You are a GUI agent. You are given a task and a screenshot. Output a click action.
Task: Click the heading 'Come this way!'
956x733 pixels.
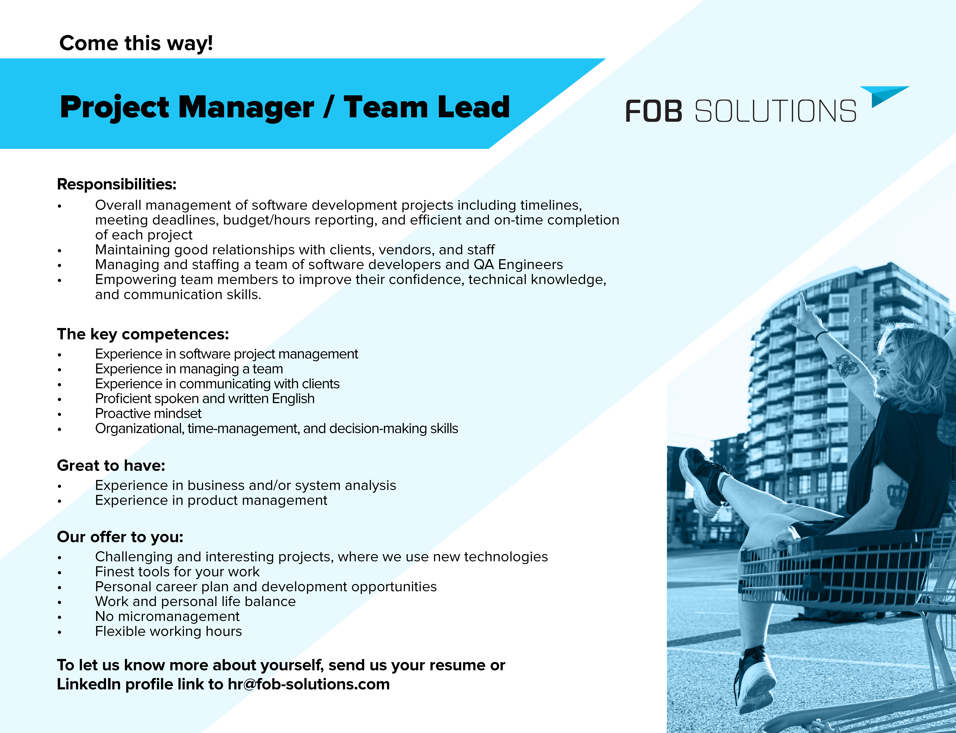136,43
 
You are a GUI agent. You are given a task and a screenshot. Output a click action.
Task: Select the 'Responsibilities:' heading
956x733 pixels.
117,184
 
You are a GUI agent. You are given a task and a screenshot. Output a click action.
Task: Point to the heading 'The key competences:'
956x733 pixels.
143,334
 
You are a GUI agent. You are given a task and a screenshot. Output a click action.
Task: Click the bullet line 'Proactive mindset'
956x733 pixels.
148,413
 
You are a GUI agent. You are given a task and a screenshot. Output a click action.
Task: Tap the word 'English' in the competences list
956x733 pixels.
293,399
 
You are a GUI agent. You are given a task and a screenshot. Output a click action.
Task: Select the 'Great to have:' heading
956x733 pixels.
111,466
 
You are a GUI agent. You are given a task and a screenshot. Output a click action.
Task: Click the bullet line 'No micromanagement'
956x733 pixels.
167,616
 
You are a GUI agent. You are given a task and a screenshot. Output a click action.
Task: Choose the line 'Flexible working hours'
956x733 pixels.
168,631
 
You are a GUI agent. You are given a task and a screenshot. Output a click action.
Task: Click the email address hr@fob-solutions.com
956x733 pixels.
309,684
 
